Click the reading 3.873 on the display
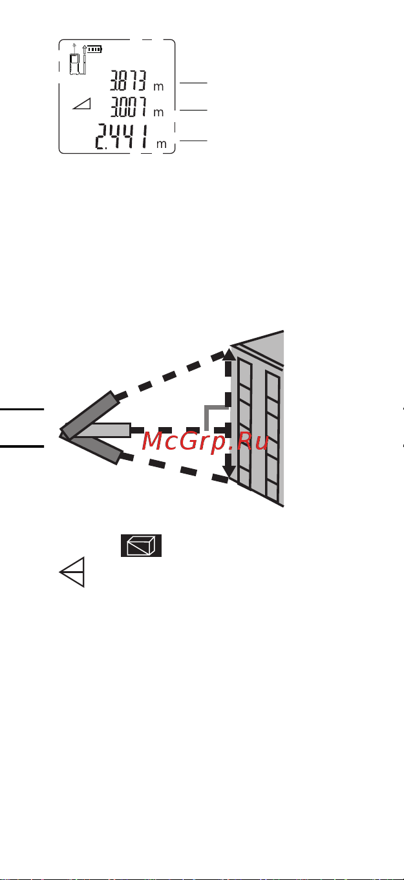(128, 81)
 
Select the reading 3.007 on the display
(128, 107)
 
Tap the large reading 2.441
(122, 137)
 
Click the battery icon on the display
(95, 49)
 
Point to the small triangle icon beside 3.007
(82, 103)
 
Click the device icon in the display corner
(75, 63)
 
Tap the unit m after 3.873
(158, 87)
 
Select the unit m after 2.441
(162, 144)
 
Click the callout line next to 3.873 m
(193, 83)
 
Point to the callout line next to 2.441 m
(193, 140)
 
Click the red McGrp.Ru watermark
(205, 441)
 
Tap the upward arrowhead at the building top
(229, 355)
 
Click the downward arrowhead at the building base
(229, 471)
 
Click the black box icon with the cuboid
(141, 545)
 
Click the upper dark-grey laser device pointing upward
(90, 415)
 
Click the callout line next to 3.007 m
(193, 110)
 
